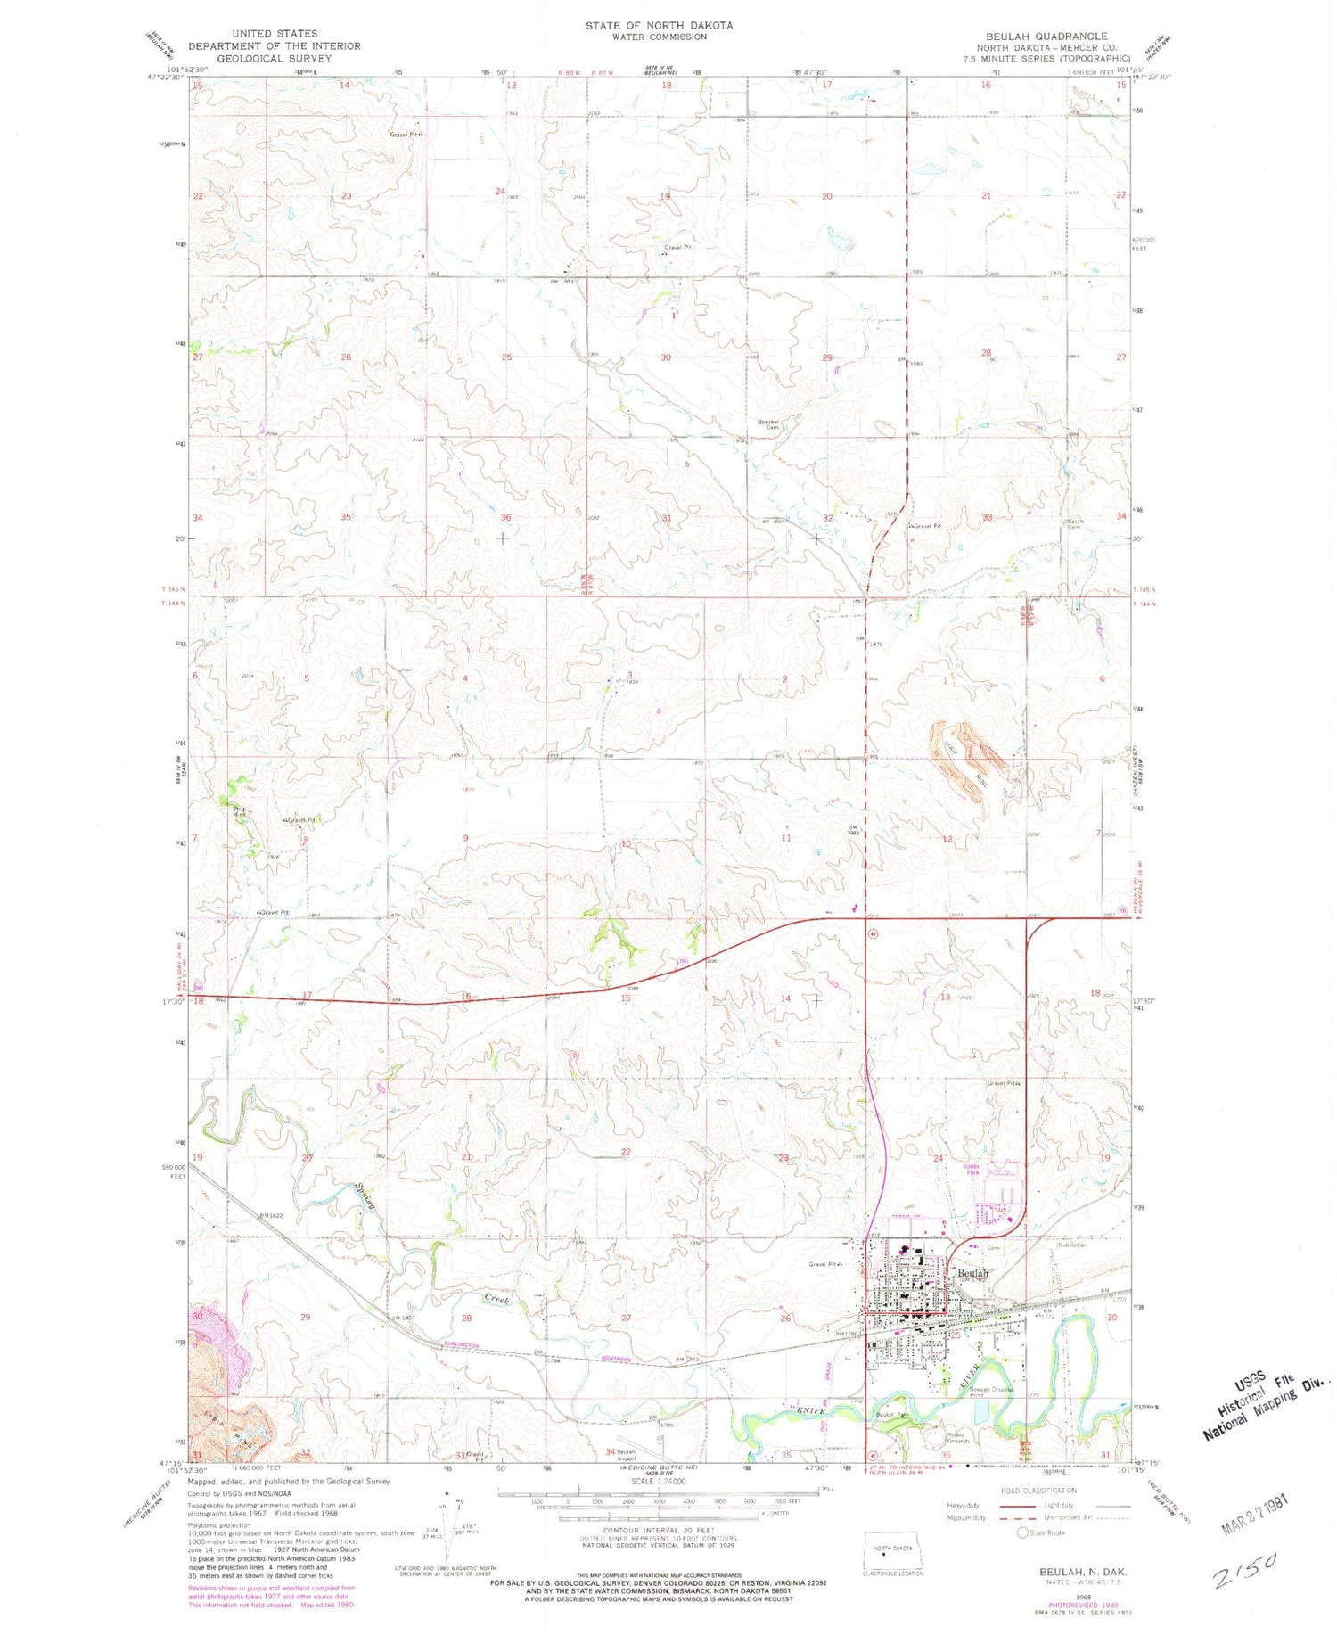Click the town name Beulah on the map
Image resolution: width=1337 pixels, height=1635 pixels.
coord(972,1274)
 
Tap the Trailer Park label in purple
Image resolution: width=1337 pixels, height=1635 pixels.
coord(971,1170)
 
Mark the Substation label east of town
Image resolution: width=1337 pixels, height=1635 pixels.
coord(1072,1245)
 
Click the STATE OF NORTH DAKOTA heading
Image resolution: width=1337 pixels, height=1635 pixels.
coord(659,26)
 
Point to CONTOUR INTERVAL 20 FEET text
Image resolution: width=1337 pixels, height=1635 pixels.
coord(659,1530)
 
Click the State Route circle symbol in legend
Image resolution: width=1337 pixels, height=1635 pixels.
coord(1021,1532)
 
